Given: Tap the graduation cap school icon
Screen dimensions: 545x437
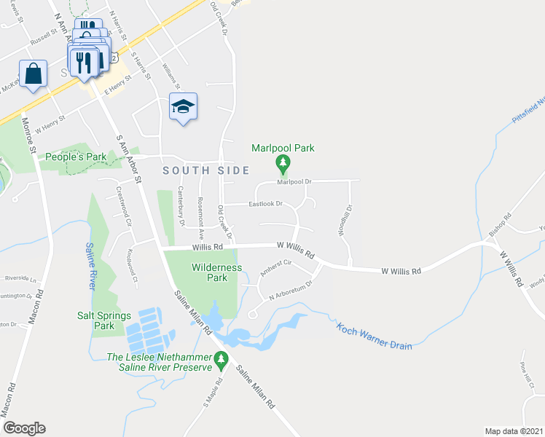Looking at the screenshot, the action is (183, 108).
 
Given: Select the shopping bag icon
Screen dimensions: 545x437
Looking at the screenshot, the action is (34, 74).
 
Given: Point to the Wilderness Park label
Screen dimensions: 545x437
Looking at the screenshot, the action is (216, 272).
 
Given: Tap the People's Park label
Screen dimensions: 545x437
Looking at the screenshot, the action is (71, 157).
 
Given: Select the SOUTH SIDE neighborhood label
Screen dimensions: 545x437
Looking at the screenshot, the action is (205, 170).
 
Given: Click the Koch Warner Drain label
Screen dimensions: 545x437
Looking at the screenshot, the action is (375, 335).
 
